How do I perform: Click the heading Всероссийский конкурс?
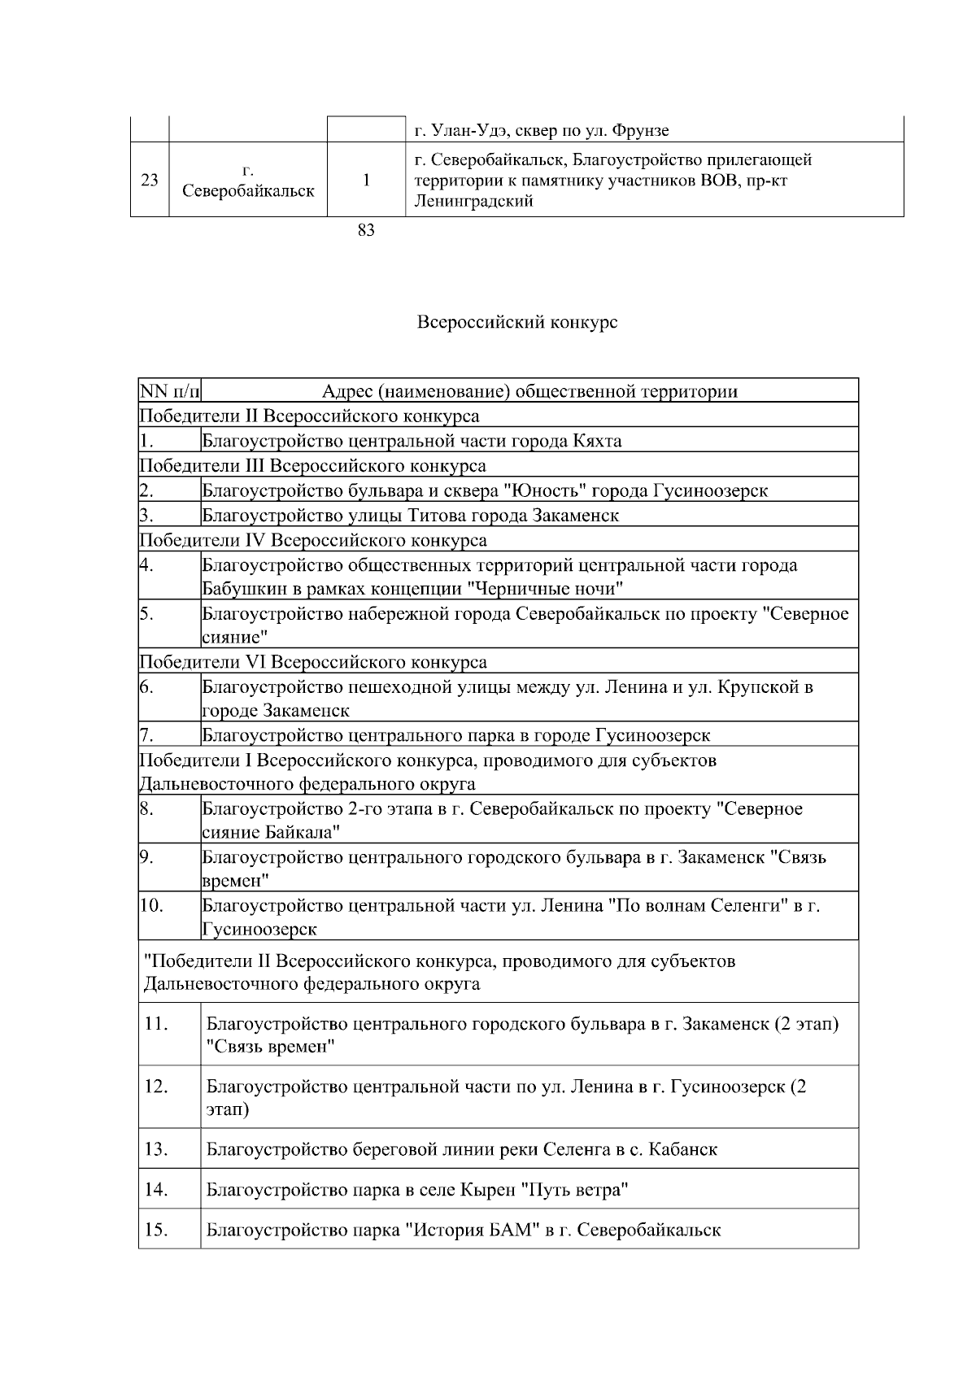516,323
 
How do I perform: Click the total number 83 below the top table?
366,231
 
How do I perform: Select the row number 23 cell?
150,180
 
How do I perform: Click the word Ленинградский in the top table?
473,202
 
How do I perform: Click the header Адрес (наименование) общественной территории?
529,391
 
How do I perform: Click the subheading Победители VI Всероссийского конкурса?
313,662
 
